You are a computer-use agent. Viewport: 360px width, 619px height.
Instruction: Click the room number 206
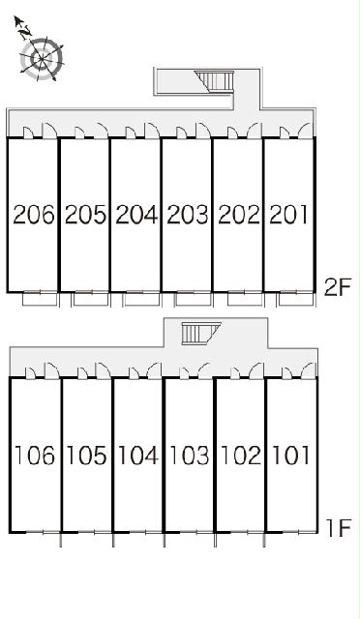(34, 215)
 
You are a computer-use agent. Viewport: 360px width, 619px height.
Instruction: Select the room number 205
(85, 215)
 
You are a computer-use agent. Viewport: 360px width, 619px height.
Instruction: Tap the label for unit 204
(136, 215)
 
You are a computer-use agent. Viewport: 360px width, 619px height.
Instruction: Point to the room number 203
(188, 215)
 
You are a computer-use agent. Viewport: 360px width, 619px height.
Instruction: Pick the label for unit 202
(239, 215)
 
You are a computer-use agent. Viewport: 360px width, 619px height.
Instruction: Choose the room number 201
(288, 215)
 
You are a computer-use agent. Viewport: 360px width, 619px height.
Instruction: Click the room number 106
(35, 456)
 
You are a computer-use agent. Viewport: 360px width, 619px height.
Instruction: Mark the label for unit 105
(86, 456)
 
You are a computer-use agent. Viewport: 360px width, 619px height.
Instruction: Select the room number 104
(138, 456)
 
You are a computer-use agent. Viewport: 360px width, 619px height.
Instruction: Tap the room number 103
(190, 456)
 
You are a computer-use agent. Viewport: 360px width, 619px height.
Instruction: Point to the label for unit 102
(241, 456)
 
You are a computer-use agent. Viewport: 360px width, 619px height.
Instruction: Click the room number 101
(291, 456)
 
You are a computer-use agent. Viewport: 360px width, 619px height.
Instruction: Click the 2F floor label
(337, 288)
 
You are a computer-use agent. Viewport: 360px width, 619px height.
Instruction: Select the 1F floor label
(338, 528)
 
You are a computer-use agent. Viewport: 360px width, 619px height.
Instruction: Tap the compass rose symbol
(41, 59)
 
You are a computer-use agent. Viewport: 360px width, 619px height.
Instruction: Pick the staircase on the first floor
(200, 333)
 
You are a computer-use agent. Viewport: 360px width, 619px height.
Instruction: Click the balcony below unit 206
(40, 299)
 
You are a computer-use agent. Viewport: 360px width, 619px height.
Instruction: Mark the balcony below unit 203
(194, 299)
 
